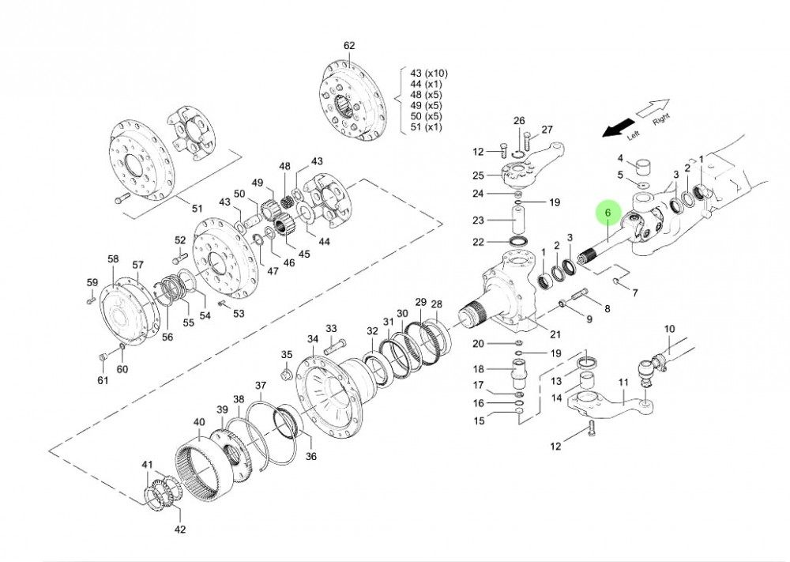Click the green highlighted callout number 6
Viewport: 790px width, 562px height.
607,213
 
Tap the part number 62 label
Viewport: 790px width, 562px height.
350,46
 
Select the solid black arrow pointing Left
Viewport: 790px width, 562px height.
618,126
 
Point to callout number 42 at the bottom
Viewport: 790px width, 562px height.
180,529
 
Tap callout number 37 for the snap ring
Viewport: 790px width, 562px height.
260,386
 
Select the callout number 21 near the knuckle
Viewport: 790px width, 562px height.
555,334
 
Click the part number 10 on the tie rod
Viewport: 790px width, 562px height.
669,329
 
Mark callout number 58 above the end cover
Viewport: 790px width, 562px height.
113,259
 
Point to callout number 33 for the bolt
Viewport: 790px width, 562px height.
331,329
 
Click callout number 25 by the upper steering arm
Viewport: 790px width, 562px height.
498,175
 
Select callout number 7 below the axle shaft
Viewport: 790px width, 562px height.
634,293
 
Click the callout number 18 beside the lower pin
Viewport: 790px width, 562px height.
499,369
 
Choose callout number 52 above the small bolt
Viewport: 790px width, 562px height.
179,240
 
